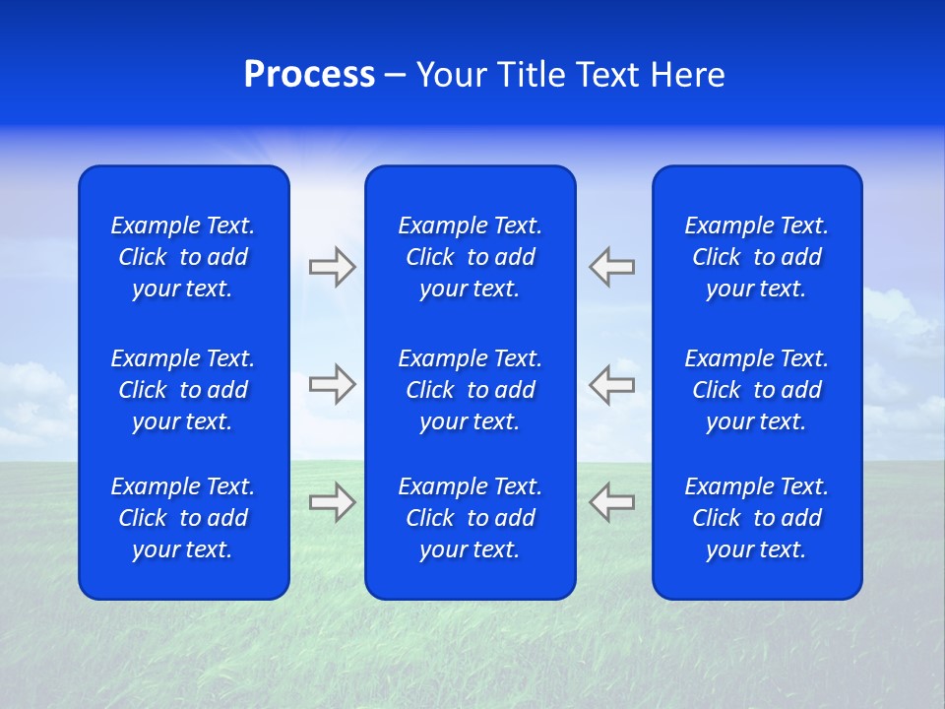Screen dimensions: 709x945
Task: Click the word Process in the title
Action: click(x=309, y=75)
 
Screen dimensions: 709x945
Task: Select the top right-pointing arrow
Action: click(x=332, y=267)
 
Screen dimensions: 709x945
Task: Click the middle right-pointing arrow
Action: click(x=332, y=384)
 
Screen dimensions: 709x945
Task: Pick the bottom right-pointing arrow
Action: click(x=332, y=502)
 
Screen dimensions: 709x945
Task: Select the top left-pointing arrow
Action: click(x=612, y=267)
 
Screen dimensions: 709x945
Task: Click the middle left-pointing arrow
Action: click(x=612, y=384)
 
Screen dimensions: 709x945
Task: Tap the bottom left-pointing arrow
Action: click(x=612, y=502)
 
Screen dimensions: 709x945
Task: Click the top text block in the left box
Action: click(x=183, y=257)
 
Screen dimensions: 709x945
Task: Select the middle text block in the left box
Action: click(x=183, y=390)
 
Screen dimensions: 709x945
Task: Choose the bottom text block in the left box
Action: click(x=183, y=518)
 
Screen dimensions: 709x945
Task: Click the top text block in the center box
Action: click(x=470, y=257)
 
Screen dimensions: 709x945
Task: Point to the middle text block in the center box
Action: click(x=470, y=390)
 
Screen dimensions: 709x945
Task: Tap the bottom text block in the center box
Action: click(x=470, y=518)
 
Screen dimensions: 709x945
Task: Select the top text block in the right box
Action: click(x=756, y=257)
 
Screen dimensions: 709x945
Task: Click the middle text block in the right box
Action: click(x=756, y=390)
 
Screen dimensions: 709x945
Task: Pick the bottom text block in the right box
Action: click(x=756, y=518)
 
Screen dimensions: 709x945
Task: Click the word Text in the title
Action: click(x=605, y=75)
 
